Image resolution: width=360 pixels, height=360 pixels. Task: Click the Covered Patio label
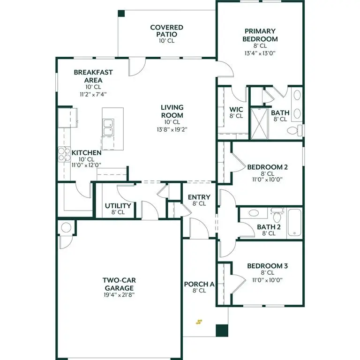click(x=166, y=31)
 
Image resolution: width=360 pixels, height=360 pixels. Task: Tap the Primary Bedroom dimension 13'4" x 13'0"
click(x=260, y=53)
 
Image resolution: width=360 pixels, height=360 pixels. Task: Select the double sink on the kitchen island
click(x=107, y=127)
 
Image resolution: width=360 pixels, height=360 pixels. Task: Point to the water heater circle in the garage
click(x=66, y=228)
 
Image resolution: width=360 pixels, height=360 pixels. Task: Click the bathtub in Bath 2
click(x=295, y=223)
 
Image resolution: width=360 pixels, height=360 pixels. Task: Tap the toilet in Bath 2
click(x=277, y=217)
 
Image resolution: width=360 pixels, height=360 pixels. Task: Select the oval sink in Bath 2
click(x=254, y=213)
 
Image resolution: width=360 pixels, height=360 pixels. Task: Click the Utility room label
click(x=118, y=206)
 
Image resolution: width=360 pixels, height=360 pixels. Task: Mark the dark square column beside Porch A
click(x=221, y=330)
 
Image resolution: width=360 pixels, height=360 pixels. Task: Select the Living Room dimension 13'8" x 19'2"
click(x=172, y=129)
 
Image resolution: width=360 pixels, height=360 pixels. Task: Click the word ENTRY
click(x=199, y=197)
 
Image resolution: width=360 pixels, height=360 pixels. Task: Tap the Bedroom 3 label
click(x=267, y=266)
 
